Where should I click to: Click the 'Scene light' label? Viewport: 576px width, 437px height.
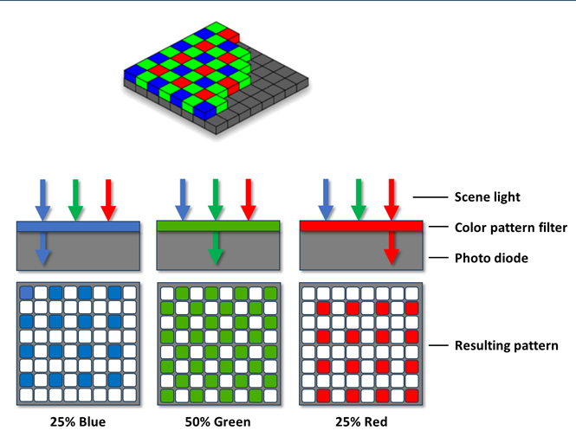487,197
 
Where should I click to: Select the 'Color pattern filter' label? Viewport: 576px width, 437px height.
511,228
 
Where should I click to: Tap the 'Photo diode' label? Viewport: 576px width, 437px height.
491,258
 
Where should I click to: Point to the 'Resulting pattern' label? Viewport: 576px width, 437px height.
506,345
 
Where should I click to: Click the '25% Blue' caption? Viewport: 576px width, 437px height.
78,422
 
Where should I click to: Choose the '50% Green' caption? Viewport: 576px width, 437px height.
217,422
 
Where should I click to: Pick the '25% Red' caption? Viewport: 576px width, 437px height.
361,422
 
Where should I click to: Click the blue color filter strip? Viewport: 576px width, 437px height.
78,227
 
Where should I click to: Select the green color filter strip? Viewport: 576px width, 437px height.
218,226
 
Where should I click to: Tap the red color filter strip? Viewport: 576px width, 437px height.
361,226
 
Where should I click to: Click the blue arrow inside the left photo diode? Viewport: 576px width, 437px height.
42,248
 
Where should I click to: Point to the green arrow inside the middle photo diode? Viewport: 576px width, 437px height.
216,247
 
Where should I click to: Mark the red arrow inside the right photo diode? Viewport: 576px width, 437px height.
392,247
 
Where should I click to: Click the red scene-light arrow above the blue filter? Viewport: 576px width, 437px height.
108,201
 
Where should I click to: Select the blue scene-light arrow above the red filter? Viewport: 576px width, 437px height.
326,200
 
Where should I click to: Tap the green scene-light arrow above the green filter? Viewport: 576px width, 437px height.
216,200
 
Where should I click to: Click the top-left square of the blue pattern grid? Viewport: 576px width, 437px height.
27,292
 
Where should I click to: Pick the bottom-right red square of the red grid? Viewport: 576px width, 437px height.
411,396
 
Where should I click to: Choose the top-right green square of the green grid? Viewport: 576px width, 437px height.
270,293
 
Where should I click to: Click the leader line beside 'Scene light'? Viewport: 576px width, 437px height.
430,197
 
